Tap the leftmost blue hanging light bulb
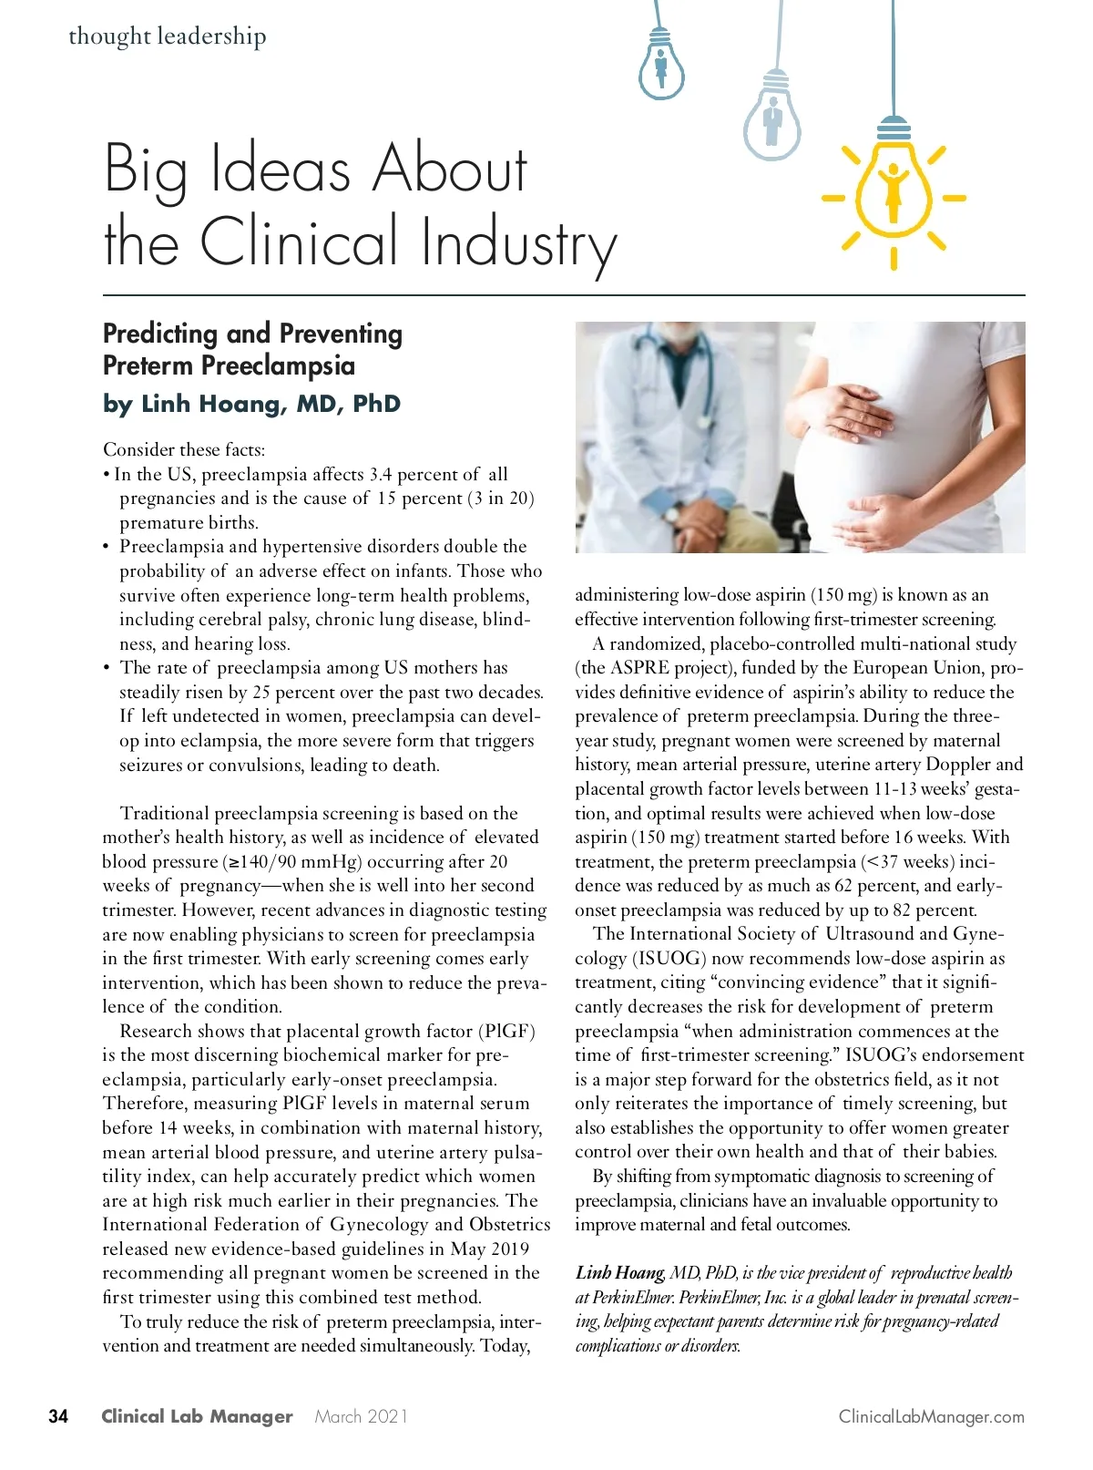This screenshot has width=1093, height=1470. coord(661,64)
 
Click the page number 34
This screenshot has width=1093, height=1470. coord(58,1416)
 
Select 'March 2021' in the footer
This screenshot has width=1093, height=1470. coord(362,1416)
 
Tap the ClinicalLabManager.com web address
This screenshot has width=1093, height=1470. coord(931,1416)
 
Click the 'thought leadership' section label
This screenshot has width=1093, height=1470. coord(168,36)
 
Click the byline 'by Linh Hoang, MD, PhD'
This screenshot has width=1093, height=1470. coord(251,404)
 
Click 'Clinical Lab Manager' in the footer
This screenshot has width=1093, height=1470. coord(197,1416)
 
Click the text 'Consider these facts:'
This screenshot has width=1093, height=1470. coord(184,449)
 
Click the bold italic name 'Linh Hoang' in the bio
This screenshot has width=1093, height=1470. coord(619,1273)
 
